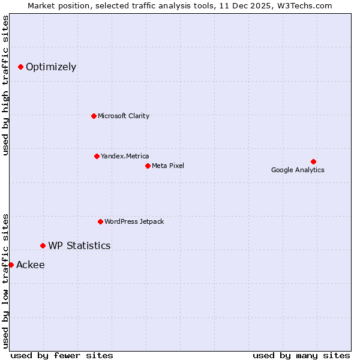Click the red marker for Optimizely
coord(20,67)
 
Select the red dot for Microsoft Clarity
coord(94,116)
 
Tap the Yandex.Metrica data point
coord(97,156)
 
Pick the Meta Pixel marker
coord(148,166)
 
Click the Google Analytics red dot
coord(313,161)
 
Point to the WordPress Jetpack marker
coord(100,221)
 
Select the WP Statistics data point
coord(43,245)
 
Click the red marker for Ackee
coord(11,265)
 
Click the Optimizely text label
coord(51,67)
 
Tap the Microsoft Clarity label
coord(124,116)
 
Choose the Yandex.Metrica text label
coord(125,156)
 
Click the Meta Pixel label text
coord(168,166)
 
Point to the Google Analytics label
coord(298,170)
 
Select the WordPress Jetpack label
coord(134,221)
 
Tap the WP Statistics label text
coord(79,245)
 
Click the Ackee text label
coord(31,265)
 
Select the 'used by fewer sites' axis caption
coord(62,355)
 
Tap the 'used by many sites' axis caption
coord(301,355)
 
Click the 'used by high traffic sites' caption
coord(6,85)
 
